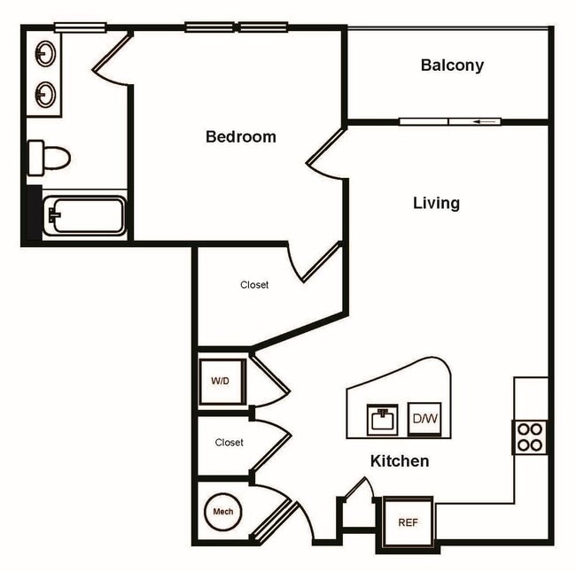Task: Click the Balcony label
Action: point(452,66)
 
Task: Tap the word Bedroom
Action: point(240,137)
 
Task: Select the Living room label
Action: point(436,203)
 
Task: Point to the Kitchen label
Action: point(399,461)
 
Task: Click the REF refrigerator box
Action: point(408,522)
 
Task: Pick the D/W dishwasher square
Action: point(424,419)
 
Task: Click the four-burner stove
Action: point(530,437)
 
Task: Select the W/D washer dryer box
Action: point(220,382)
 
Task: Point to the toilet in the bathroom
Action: point(48,158)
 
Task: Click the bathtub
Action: point(86,216)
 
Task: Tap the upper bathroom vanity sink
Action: point(44,56)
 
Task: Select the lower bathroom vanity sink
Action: point(44,91)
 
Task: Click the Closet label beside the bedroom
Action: point(254,285)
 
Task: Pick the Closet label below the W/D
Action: point(229,442)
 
